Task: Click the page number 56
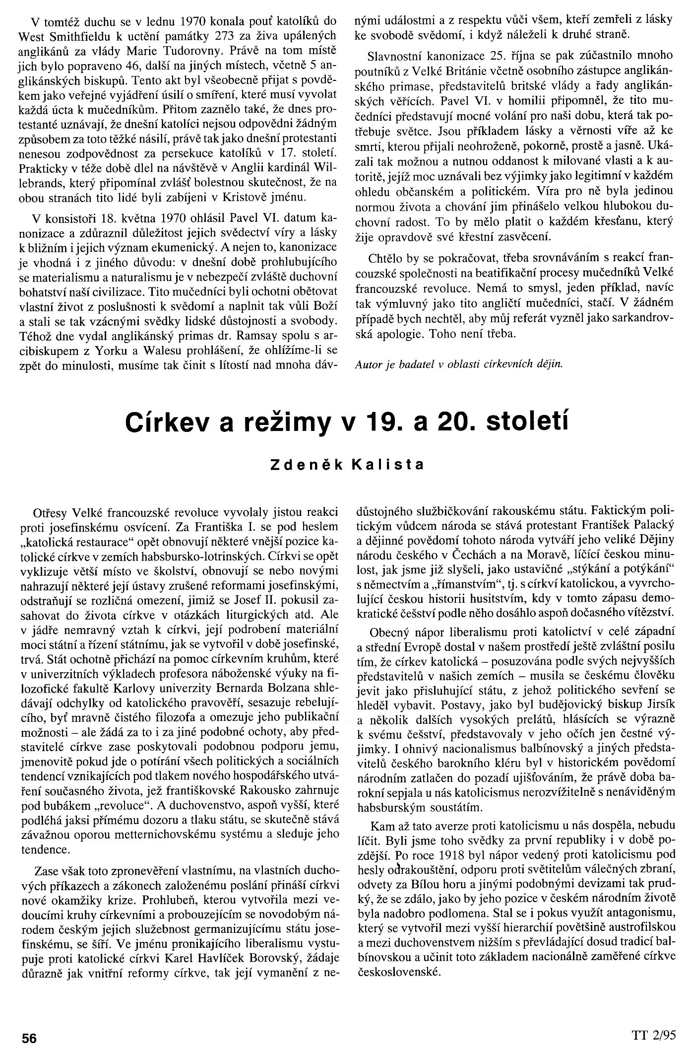(x=28, y=1037)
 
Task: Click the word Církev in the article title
(x=163, y=423)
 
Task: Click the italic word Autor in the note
(x=368, y=364)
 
